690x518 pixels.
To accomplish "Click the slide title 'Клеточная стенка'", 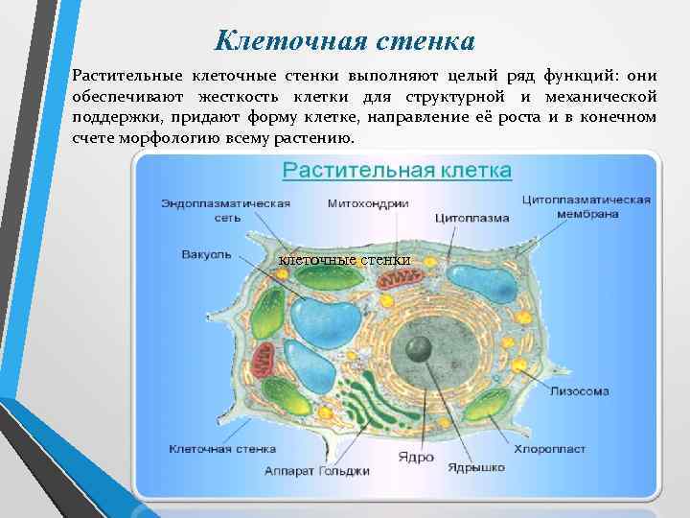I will click(x=345, y=41).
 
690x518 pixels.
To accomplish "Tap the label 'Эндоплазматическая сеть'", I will click(x=225, y=210).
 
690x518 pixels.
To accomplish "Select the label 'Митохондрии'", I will click(x=368, y=203).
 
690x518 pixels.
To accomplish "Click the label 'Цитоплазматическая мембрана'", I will click(x=586, y=206).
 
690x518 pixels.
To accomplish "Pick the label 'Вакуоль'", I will click(x=206, y=254).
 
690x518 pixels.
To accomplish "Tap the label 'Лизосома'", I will click(x=579, y=391).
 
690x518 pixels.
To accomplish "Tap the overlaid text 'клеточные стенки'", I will click(x=344, y=260).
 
